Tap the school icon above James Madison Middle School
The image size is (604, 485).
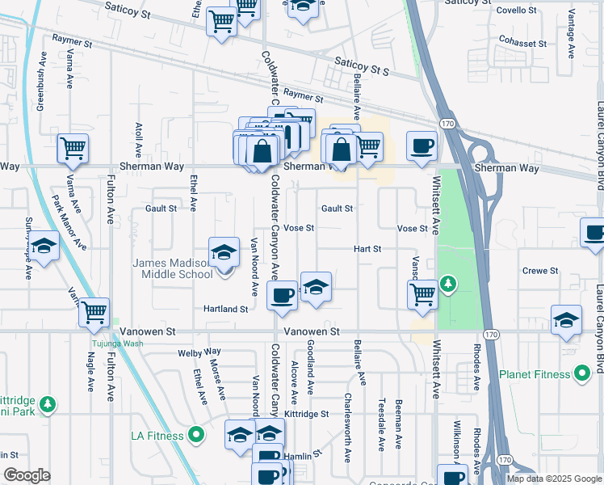224,252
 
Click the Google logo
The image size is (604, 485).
27,475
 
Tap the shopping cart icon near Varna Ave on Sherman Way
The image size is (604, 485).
73,149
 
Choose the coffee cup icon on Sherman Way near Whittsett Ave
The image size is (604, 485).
422,146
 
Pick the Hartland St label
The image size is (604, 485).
225,310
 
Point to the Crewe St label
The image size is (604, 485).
540,271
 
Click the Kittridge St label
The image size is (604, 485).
307,414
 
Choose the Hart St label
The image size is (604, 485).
367,249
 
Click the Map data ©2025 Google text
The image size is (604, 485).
554,479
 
